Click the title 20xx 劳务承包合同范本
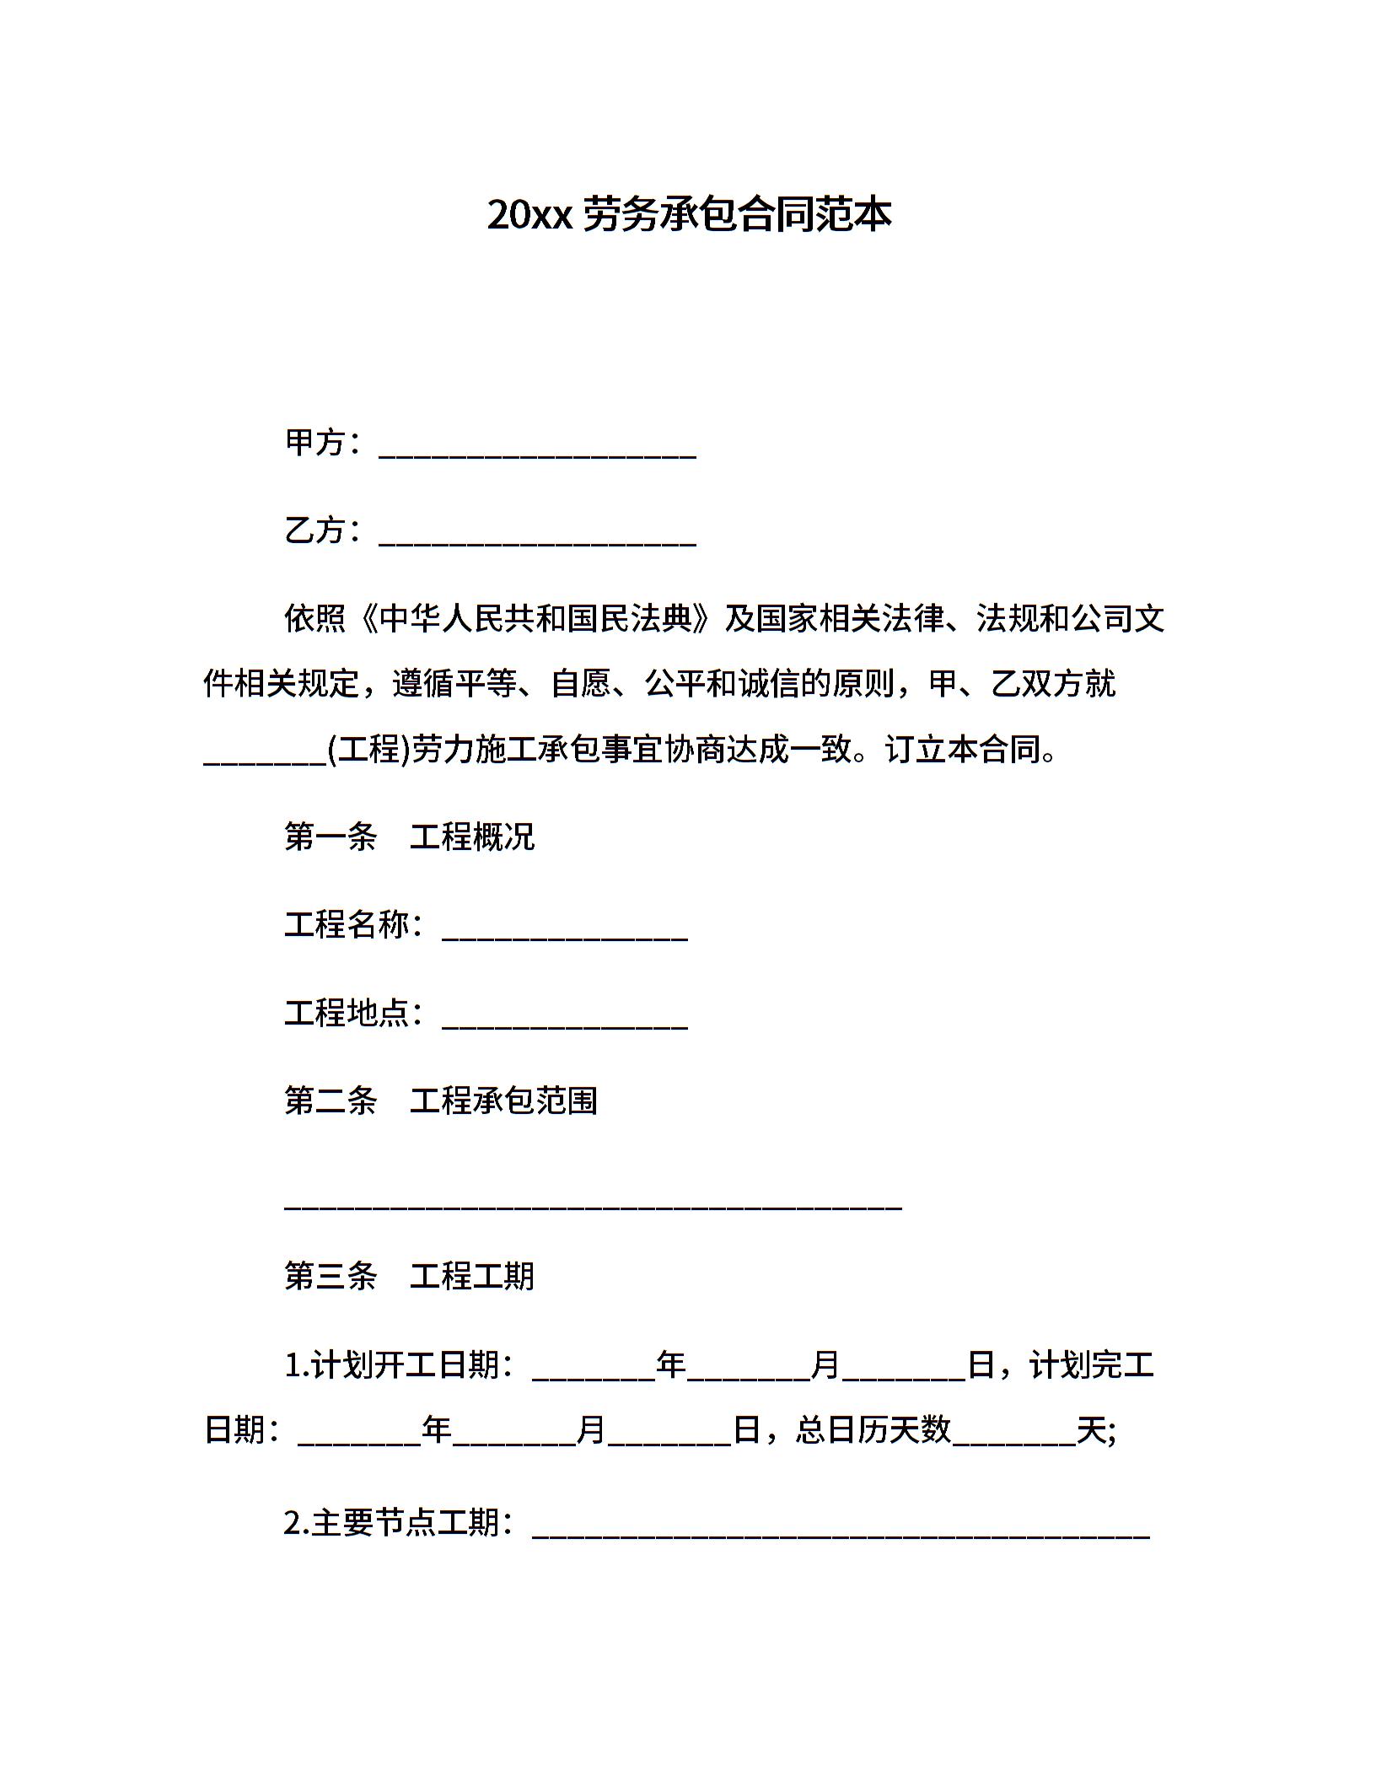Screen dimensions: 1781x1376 pyautogui.click(x=689, y=215)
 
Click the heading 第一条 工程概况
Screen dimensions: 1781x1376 pyautogui.click(x=409, y=837)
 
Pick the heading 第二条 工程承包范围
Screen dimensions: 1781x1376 pyautogui.click(x=440, y=1100)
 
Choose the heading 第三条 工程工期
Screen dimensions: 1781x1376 pyautogui.click(x=409, y=1276)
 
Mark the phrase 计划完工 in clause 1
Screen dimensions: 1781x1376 pyautogui.click(x=1091, y=1364)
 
